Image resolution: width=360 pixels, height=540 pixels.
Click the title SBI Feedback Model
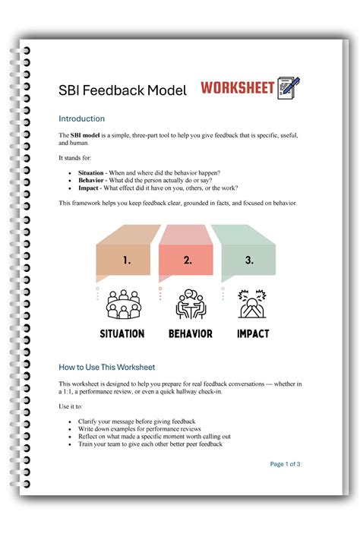pos(122,91)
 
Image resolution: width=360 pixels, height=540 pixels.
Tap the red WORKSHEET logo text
pos(237,88)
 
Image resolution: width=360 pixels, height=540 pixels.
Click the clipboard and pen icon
pos(289,87)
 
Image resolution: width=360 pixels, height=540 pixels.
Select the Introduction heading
pos(82,119)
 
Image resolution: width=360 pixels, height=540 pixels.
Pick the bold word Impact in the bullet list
pos(90,188)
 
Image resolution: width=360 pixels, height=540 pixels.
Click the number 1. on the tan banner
pos(126,261)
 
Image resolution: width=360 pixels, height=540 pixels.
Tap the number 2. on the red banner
pos(188,261)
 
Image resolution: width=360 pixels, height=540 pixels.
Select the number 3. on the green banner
pos(249,261)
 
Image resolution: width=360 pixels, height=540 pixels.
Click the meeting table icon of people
pos(123,305)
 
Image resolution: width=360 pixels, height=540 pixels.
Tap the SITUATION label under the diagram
pos(122,333)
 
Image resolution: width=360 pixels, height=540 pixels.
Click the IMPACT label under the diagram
pos(252,333)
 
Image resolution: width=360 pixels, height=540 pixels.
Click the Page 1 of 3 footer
pos(285,464)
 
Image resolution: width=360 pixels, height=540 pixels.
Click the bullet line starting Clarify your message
pos(137,422)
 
